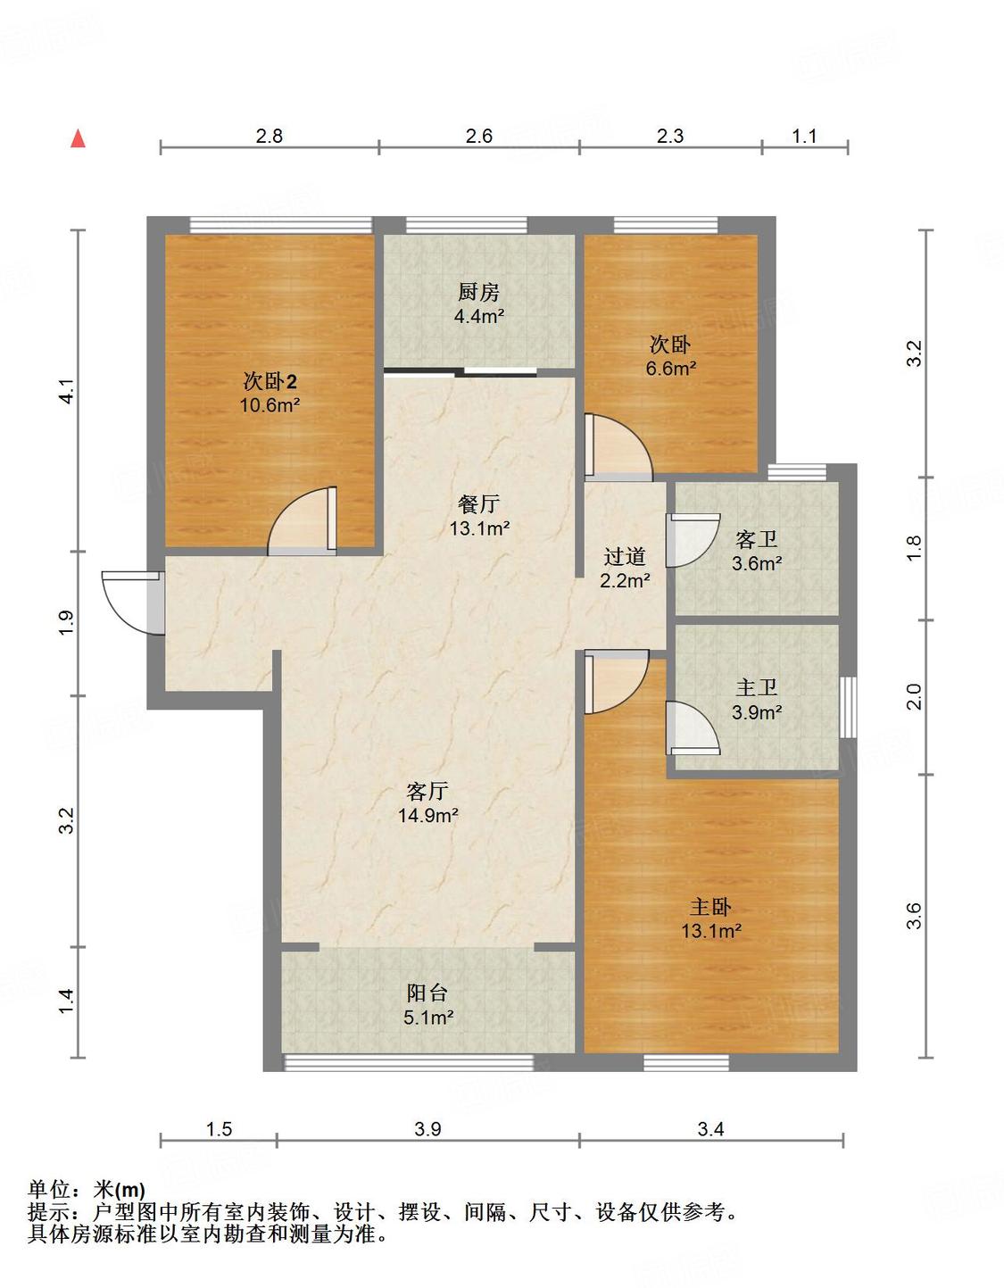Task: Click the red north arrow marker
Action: (79, 138)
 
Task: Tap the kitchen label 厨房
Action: (478, 292)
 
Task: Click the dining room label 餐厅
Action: (478, 503)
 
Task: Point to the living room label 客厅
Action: (427, 791)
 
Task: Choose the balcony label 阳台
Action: (427, 993)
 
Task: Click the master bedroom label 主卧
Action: (710, 906)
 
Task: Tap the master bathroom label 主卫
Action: (756, 687)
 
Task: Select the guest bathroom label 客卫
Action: (756, 539)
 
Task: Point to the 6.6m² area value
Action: (671, 369)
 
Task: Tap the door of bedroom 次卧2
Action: (303, 521)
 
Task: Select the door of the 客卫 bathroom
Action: (693, 539)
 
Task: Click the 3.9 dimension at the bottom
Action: (427, 1128)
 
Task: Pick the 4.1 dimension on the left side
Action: (69, 391)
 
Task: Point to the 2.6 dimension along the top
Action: (478, 137)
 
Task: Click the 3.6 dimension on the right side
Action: (915, 915)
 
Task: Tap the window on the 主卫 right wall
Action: (848, 707)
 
